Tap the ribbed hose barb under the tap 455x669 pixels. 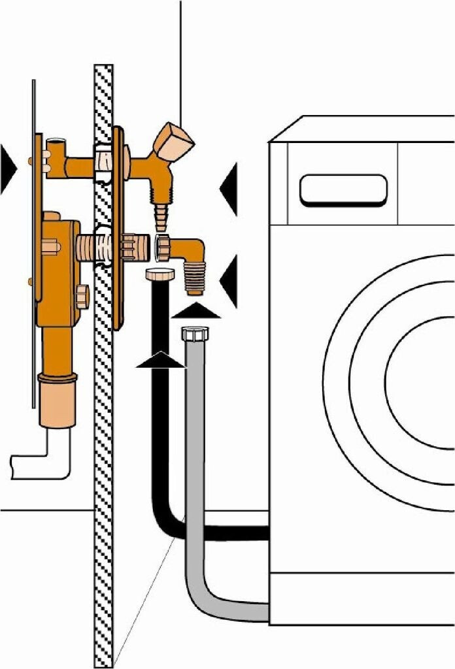click(160, 216)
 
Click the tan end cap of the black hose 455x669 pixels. click(158, 273)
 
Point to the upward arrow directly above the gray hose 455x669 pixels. click(196, 310)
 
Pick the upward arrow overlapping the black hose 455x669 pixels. click(160, 359)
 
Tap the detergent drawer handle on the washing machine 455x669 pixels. click(343, 190)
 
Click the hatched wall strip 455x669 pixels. click(103, 392)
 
